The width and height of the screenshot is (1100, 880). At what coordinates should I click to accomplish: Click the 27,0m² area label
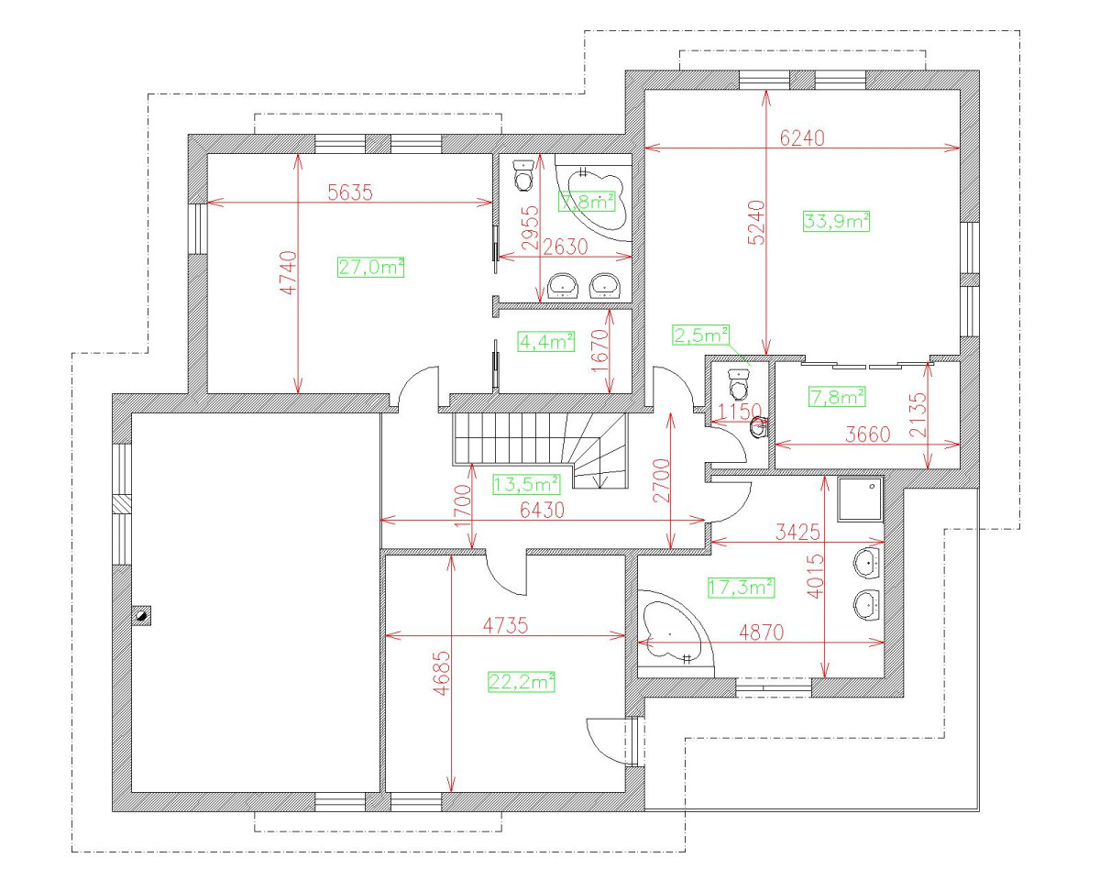[x=371, y=267]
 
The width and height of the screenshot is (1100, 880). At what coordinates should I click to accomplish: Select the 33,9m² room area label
[x=836, y=221]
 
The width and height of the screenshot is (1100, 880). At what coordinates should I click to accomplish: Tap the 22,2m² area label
[x=522, y=681]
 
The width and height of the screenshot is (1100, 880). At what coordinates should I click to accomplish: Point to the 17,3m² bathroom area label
[x=741, y=588]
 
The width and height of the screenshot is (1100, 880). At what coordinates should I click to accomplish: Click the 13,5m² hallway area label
[x=527, y=483]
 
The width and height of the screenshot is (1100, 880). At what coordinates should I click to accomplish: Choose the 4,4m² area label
[x=545, y=341]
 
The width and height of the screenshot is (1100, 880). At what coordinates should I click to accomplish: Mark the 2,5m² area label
[x=701, y=335]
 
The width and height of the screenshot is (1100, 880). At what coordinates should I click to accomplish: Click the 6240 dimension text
[x=802, y=138]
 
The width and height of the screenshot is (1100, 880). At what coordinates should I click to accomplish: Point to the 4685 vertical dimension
[x=441, y=675]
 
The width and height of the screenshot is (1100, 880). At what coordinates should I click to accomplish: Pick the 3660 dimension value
[x=866, y=434]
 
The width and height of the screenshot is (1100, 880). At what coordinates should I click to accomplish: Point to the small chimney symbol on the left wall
[x=142, y=615]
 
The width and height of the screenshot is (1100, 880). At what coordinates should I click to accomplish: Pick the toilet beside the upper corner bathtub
[x=523, y=174]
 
